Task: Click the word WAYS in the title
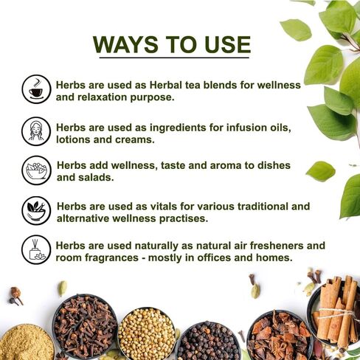click(125, 44)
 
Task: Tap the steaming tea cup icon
click(36, 89)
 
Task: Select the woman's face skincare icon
click(36, 131)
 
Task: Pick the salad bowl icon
click(36, 170)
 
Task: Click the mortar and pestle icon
click(36, 210)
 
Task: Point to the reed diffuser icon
click(36, 249)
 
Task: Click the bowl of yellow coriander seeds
click(147, 334)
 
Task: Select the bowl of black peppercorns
click(209, 341)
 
